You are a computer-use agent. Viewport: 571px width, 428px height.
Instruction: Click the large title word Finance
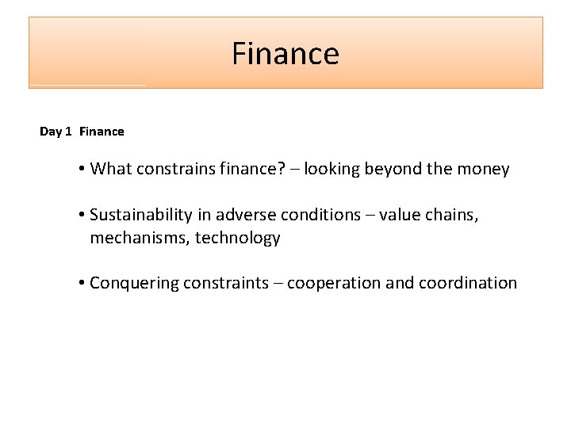click(285, 54)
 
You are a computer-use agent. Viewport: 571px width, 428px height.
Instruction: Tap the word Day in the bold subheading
click(50, 132)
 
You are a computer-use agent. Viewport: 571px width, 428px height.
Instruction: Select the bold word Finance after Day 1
click(102, 132)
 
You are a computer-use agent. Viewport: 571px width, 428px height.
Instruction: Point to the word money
click(484, 169)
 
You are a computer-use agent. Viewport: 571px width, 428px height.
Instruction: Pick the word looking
click(331, 169)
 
